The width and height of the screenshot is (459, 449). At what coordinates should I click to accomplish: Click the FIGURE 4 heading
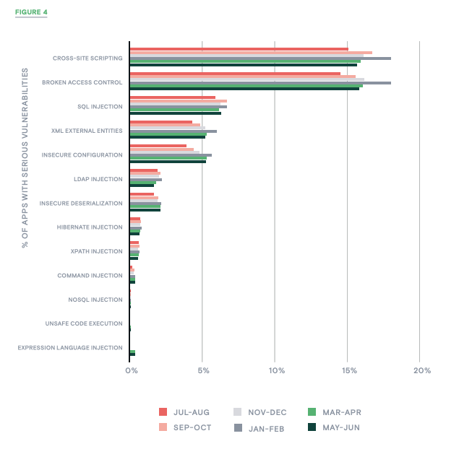(31, 12)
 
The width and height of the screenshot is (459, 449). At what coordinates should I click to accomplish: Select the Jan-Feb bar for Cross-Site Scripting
(260, 58)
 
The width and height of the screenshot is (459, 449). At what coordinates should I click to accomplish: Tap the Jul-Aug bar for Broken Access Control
(234, 74)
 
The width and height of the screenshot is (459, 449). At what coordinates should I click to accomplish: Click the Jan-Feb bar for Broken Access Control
(260, 83)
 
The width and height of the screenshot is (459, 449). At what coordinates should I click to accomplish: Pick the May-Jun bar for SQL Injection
(175, 113)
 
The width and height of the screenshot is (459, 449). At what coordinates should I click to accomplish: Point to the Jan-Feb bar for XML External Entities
(173, 131)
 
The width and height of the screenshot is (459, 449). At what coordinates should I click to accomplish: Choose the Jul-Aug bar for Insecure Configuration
(158, 146)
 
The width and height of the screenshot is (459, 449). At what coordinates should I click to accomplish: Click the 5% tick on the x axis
(202, 370)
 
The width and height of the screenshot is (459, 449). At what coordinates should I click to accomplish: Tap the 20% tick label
(422, 370)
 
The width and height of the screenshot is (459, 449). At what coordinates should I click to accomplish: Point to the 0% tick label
(131, 370)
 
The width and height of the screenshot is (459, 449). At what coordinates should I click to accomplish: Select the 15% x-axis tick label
(349, 370)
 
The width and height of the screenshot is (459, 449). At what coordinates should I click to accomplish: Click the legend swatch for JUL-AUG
(163, 412)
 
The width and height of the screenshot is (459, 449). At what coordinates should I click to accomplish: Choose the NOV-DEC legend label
(267, 412)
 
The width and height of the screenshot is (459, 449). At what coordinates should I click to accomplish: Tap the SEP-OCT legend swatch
(163, 427)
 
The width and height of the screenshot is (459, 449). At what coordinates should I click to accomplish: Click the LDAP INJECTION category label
(98, 179)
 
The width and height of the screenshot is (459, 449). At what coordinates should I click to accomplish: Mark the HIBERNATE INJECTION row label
(90, 227)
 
